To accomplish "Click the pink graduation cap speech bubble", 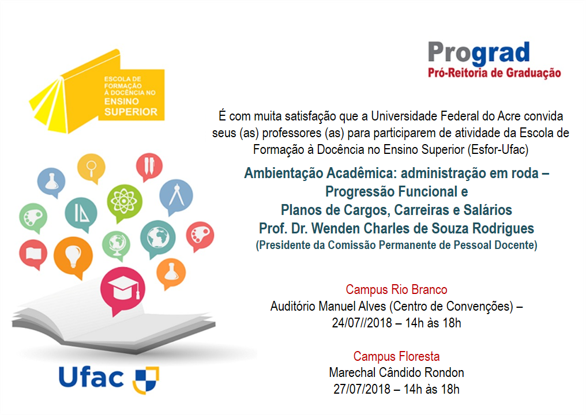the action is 123,289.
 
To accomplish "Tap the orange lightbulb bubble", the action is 73,256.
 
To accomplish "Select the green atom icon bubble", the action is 125,202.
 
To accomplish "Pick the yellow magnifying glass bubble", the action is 91,168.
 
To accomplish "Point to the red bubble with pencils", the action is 149,166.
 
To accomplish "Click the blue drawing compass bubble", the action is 176,196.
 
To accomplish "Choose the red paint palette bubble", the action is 200,236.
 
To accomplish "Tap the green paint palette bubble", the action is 33,217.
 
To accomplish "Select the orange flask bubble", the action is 171,273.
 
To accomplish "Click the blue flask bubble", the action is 51,182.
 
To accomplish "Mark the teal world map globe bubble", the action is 157,238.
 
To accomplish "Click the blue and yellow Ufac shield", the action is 146,380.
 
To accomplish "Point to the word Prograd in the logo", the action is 479,53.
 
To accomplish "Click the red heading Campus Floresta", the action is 396,356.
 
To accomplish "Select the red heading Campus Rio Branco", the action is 396,289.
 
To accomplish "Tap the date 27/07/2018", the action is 362,389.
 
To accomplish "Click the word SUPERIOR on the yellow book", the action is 131,112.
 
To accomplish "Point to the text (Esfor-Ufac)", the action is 498,150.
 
